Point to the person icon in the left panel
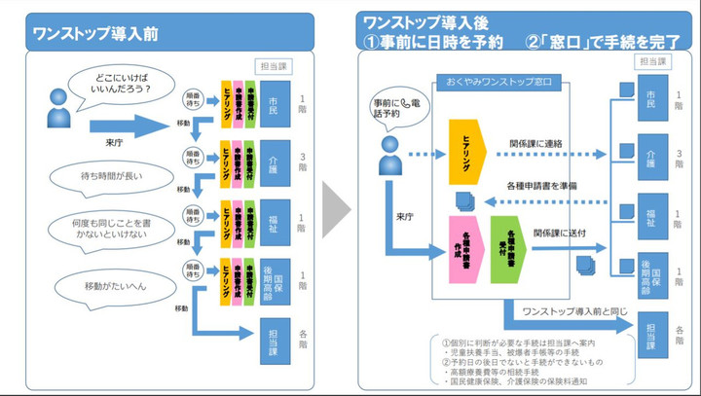click(56, 116)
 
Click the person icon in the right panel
click(390, 150)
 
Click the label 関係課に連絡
click(538, 142)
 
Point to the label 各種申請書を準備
click(540, 185)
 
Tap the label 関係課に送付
click(559, 234)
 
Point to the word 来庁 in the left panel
click(114, 142)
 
